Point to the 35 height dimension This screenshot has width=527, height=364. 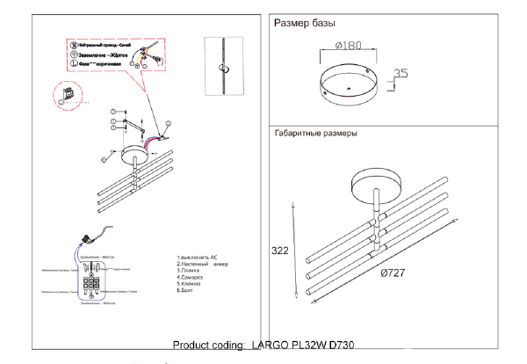401,75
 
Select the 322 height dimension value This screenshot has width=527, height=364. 280,251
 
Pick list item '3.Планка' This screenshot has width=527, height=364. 191,270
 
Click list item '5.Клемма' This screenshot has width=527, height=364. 192,285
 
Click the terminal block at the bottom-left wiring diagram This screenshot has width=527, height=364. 91,284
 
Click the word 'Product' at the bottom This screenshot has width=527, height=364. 192,346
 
